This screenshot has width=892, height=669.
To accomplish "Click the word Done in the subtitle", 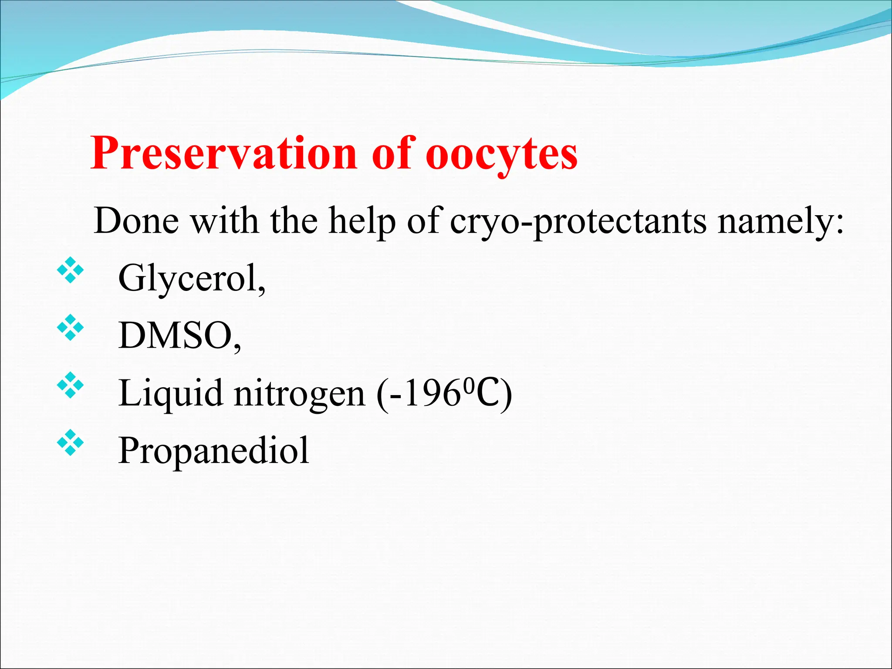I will pyautogui.click(x=136, y=221).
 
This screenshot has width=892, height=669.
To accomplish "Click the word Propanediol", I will pyautogui.click(x=213, y=450).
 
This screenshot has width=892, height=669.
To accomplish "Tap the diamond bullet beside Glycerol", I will pyautogui.click(x=70, y=271).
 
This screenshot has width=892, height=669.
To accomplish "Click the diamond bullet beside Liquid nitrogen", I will pyautogui.click(x=70, y=385).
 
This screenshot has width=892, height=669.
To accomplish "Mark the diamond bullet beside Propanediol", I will pyautogui.click(x=70, y=443).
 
